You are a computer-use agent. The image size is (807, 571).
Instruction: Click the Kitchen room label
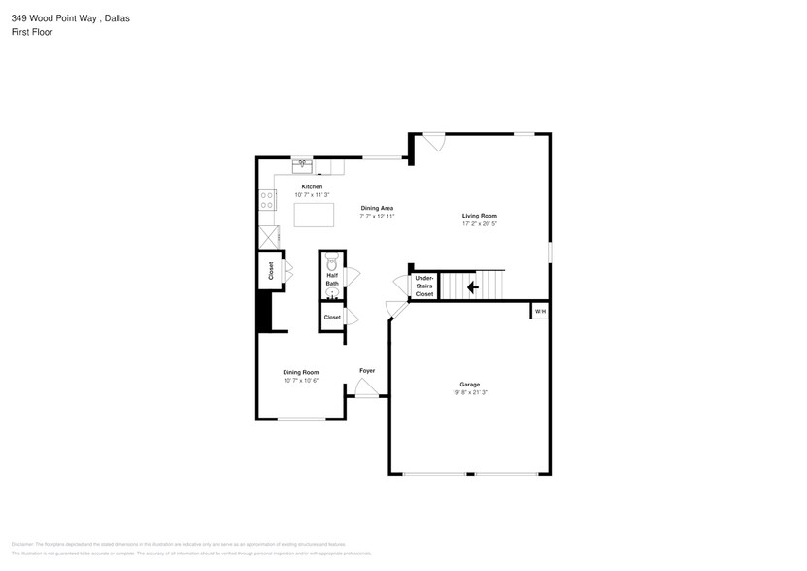[x=312, y=186]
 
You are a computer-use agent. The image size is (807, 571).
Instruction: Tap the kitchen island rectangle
[x=313, y=214]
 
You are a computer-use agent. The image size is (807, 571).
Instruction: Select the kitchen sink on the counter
[x=302, y=164]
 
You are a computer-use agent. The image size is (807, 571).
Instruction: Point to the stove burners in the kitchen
[x=266, y=200]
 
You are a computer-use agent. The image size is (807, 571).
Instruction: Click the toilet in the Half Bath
[x=331, y=262]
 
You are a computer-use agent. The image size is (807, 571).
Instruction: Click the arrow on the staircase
[x=473, y=286]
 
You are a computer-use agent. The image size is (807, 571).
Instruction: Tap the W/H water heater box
[x=540, y=311]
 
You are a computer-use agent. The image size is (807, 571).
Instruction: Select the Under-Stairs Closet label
[x=424, y=285]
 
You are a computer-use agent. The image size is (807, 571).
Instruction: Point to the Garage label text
[x=470, y=385]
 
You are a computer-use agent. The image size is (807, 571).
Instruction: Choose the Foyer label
[x=367, y=371]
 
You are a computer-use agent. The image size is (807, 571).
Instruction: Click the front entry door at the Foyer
[x=367, y=390]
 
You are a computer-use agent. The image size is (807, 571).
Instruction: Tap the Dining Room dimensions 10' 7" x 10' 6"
[x=301, y=381]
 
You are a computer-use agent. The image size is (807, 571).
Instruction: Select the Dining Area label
[x=377, y=208]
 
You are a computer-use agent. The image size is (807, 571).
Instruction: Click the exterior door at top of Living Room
[x=434, y=141]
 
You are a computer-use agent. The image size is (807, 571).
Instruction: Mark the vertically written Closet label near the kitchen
[x=271, y=271]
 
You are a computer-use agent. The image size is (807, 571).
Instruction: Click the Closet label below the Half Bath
[x=332, y=318]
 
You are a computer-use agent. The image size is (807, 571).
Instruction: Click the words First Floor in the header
[x=32, y=32]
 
